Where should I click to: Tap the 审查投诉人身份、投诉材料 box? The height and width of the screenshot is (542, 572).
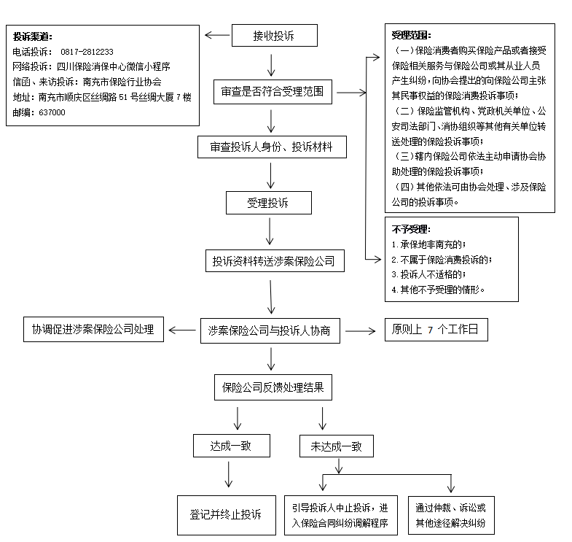click(x=271, y=147)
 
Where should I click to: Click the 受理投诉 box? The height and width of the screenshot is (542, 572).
click(x=268, y=203)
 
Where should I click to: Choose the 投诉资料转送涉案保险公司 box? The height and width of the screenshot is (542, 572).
click(x=273, y=260)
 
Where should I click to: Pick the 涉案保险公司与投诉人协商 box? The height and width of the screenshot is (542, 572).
click(x=270, y=330)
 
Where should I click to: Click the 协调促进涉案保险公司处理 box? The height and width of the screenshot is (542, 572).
click(x=93, y=329)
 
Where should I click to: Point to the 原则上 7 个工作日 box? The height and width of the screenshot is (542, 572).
click(x=436, y=330)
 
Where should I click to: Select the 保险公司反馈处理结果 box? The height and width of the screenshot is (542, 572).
click(x=273, y=387)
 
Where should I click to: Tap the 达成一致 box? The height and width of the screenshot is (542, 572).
click(x=231, y=446)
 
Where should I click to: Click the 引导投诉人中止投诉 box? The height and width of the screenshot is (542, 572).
click(x=340, y=515)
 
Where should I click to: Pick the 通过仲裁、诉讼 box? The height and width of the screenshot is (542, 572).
click(x=450, y=515)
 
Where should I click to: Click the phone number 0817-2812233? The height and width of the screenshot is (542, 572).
click(x=87, y=52)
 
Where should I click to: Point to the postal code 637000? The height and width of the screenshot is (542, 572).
click(x=50, y=112)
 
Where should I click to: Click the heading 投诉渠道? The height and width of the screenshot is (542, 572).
click(x=32, y=36)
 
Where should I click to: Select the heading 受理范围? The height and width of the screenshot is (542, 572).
click(x=412, y=34)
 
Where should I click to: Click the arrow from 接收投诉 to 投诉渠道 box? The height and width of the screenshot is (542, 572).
click(x=216, y=35)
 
